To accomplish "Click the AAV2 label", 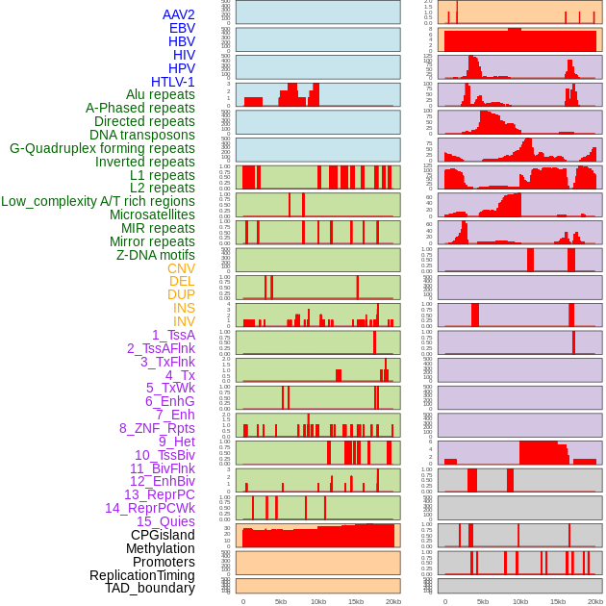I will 178,14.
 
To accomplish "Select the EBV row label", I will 182,28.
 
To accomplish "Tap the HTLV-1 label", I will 172,82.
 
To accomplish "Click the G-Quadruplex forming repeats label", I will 102,148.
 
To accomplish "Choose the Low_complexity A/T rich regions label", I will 98,201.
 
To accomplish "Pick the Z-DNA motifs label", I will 156,255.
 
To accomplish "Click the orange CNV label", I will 181,268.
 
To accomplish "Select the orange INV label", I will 184,321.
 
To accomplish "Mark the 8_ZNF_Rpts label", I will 157,428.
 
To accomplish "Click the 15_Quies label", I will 165,521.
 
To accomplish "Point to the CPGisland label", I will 163,535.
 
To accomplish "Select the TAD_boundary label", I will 150,588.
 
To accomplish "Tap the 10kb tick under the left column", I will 317,601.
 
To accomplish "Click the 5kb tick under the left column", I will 280,601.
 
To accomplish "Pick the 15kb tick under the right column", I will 558,601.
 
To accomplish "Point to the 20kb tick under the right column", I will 595,601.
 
